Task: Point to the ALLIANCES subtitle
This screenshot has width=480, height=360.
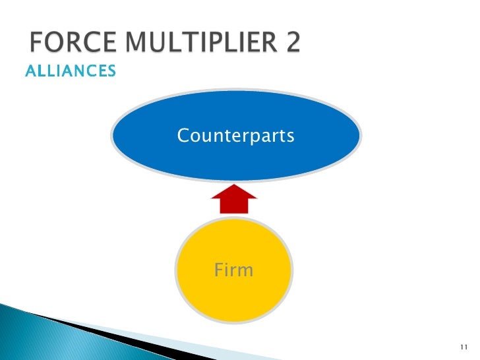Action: point(70,71)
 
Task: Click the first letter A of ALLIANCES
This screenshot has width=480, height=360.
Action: point(30,71)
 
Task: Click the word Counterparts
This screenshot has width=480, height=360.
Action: point(235,136)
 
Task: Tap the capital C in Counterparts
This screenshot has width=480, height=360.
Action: point(183,136)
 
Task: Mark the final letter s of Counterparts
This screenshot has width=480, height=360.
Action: point(291,136)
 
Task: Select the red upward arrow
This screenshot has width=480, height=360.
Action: point(233,200)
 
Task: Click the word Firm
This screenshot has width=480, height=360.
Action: point(234,270)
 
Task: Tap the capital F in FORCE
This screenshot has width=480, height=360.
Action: point(37,45)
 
